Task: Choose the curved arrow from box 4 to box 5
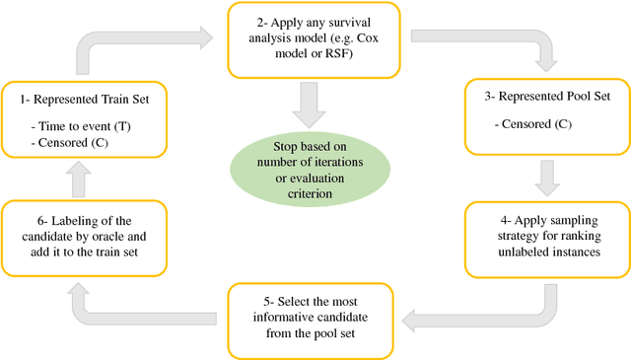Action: coord(493,311)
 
